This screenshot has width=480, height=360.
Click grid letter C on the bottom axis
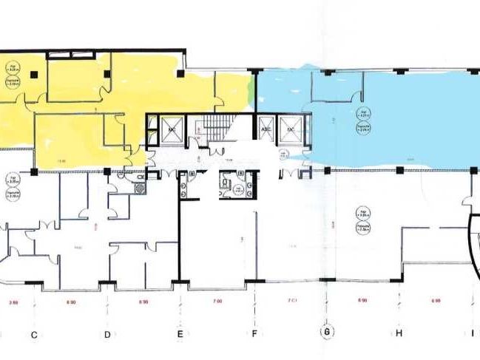click(34, 334)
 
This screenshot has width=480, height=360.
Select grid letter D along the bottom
click(107, 334)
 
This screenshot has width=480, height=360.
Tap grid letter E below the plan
click(182, 334)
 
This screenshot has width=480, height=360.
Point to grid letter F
click(254, 334)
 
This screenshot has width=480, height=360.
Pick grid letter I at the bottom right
click(472, 334)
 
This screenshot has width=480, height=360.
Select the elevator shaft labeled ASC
click(266, 128)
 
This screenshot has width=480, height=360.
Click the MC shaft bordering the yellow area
click(169, 129)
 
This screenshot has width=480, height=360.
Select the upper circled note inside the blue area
click(363, 113)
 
